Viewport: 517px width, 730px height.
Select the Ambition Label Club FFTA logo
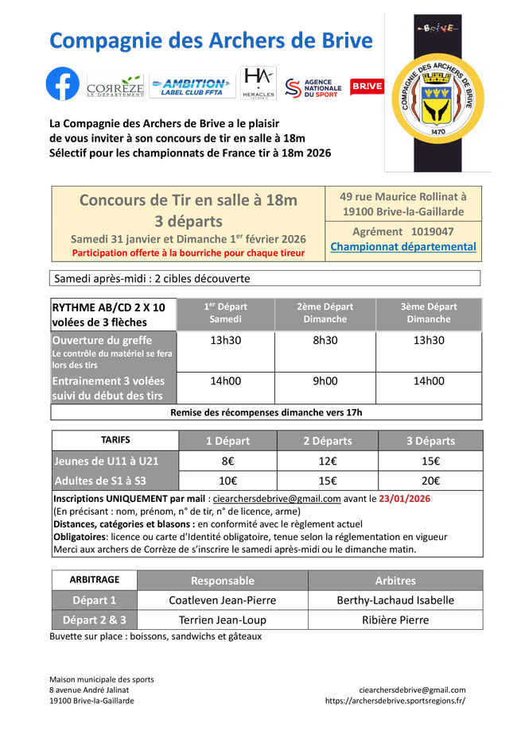tap(192, 86)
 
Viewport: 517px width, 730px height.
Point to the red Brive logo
tap(367, 86)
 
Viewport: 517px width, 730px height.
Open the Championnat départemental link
tap(403, 246)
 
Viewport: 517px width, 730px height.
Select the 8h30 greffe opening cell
tap(325, 340)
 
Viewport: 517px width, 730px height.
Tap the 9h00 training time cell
tap(325, 380)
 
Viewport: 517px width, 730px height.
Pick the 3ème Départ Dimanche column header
tap(429, 313)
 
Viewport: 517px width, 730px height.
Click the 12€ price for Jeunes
tap(325, 461)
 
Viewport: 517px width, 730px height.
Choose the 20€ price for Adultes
tap(431, 481)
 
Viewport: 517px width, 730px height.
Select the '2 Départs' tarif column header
tap(328, 441)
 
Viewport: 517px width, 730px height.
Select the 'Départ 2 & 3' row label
tap(94, 620)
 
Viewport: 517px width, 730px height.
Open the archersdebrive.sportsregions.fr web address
tap(395, 701)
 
